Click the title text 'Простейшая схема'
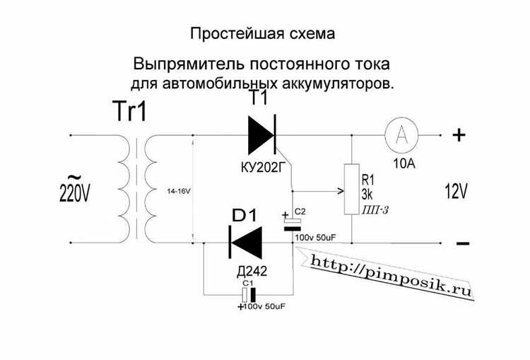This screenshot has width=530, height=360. pos(261,34)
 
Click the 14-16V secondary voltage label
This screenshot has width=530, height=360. pos(178,192)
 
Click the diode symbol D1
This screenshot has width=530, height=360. pos(245,242)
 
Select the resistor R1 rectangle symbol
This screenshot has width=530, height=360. pos(351,190)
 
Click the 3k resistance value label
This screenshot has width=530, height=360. pos(367,194)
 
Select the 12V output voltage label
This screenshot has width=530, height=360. pos(457,191)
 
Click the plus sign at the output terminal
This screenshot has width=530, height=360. pos(459,134)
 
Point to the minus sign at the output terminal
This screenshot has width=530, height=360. pos(462,243)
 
